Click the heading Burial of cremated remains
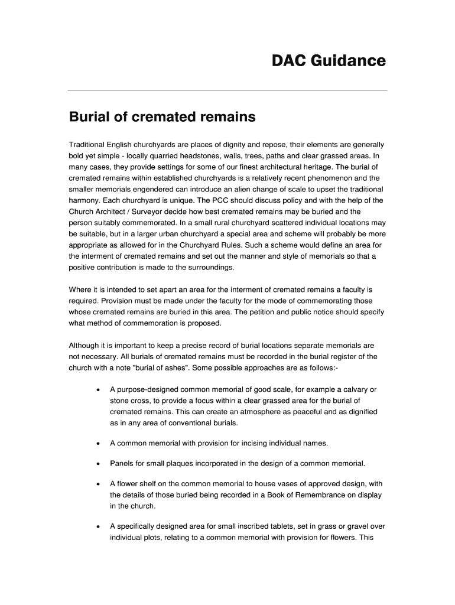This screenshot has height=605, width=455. pyautogui.click(x=162, y=117)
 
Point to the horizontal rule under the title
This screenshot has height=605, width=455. pyautogui.click(x=227, y=90)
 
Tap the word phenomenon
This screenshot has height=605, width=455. pyautogui.click(x=318, y=178)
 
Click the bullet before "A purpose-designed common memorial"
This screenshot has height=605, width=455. pyautogui.click(x=97, y=391)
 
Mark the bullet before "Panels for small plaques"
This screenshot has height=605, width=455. pyautogui.click(x=97, y=463)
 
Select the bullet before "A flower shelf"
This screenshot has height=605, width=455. pyautogui.click(x=97, y=484)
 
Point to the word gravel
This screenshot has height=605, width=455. pyautogui.click(x=359, y=526)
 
